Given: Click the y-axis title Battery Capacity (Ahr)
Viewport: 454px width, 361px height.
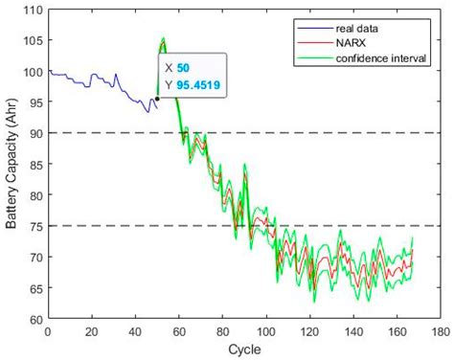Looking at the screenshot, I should (x=11, y=167).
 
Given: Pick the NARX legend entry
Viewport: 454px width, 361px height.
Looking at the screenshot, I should (x=360, y=43).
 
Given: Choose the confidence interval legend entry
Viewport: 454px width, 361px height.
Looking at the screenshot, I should (x=387, y=58).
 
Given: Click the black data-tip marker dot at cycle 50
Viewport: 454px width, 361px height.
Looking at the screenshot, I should (x=157, y=99).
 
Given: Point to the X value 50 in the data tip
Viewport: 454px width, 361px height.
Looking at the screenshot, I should (x=184, y=68).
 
